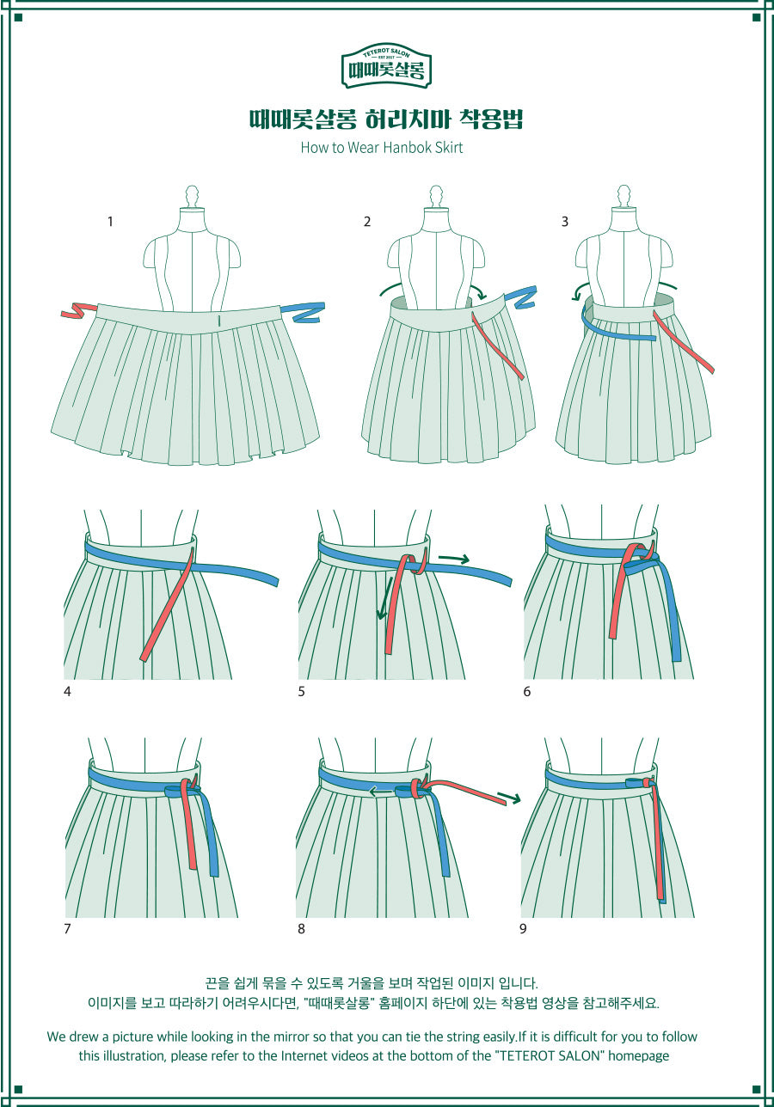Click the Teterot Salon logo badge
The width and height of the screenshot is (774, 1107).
(386, 65)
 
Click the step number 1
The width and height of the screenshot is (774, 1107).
(110, 222)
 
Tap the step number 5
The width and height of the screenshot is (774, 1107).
(301, 691)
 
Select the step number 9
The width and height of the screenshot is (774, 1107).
(523, 928)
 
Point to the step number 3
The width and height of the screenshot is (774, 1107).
(565, 222)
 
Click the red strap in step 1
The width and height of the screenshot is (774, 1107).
(78, 310)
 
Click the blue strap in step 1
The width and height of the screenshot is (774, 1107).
(309, 312)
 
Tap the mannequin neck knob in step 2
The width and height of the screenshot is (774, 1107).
(436, 197)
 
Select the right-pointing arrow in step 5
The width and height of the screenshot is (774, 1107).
(454, 559)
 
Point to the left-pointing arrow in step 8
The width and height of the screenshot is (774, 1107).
(382, 792)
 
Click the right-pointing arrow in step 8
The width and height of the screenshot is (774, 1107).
(509, 797)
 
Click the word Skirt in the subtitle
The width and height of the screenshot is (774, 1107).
(449, 147)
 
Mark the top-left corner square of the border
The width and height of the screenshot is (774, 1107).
(19, 18)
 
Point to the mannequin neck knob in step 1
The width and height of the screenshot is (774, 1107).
(192, 197)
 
